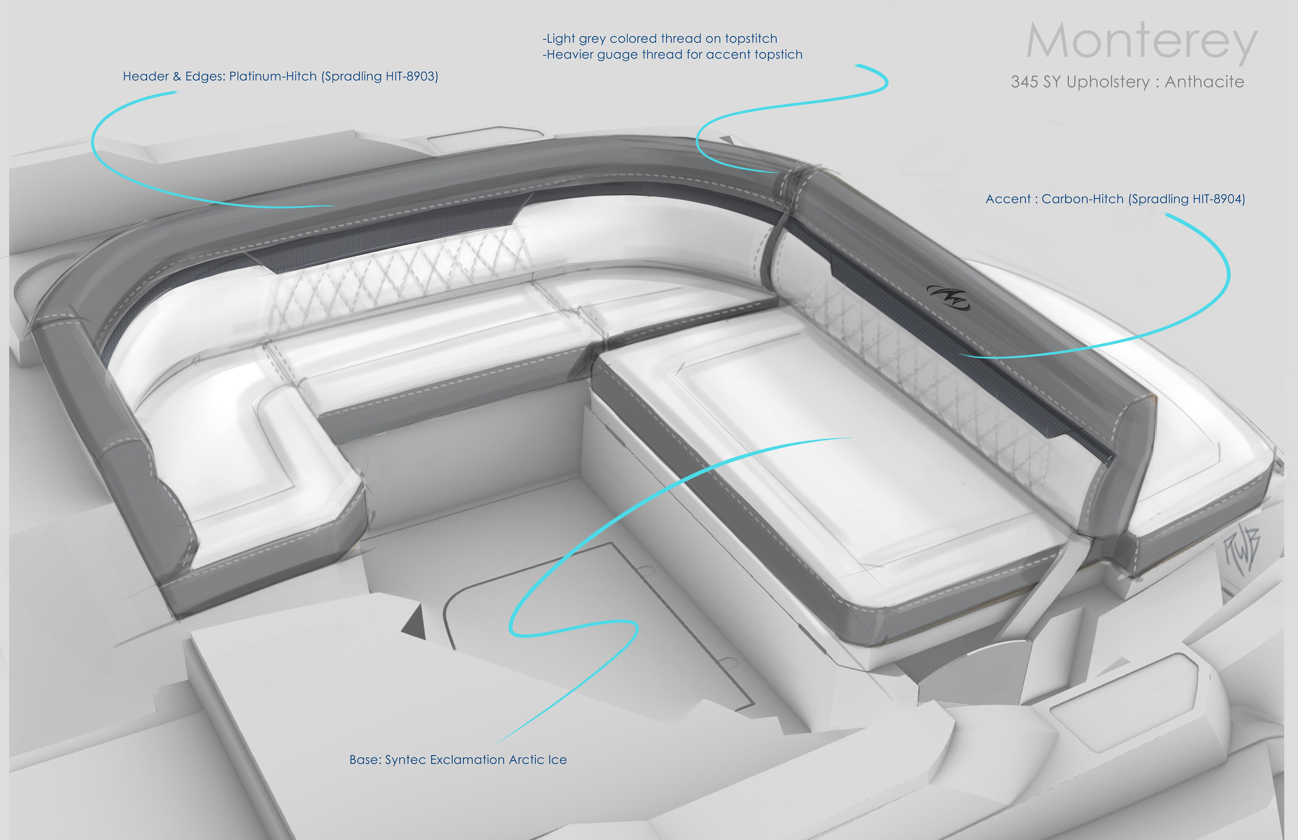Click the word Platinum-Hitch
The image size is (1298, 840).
(273, 76)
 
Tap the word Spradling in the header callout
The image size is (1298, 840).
(352, 76)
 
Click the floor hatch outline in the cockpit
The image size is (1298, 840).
(600, 627)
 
